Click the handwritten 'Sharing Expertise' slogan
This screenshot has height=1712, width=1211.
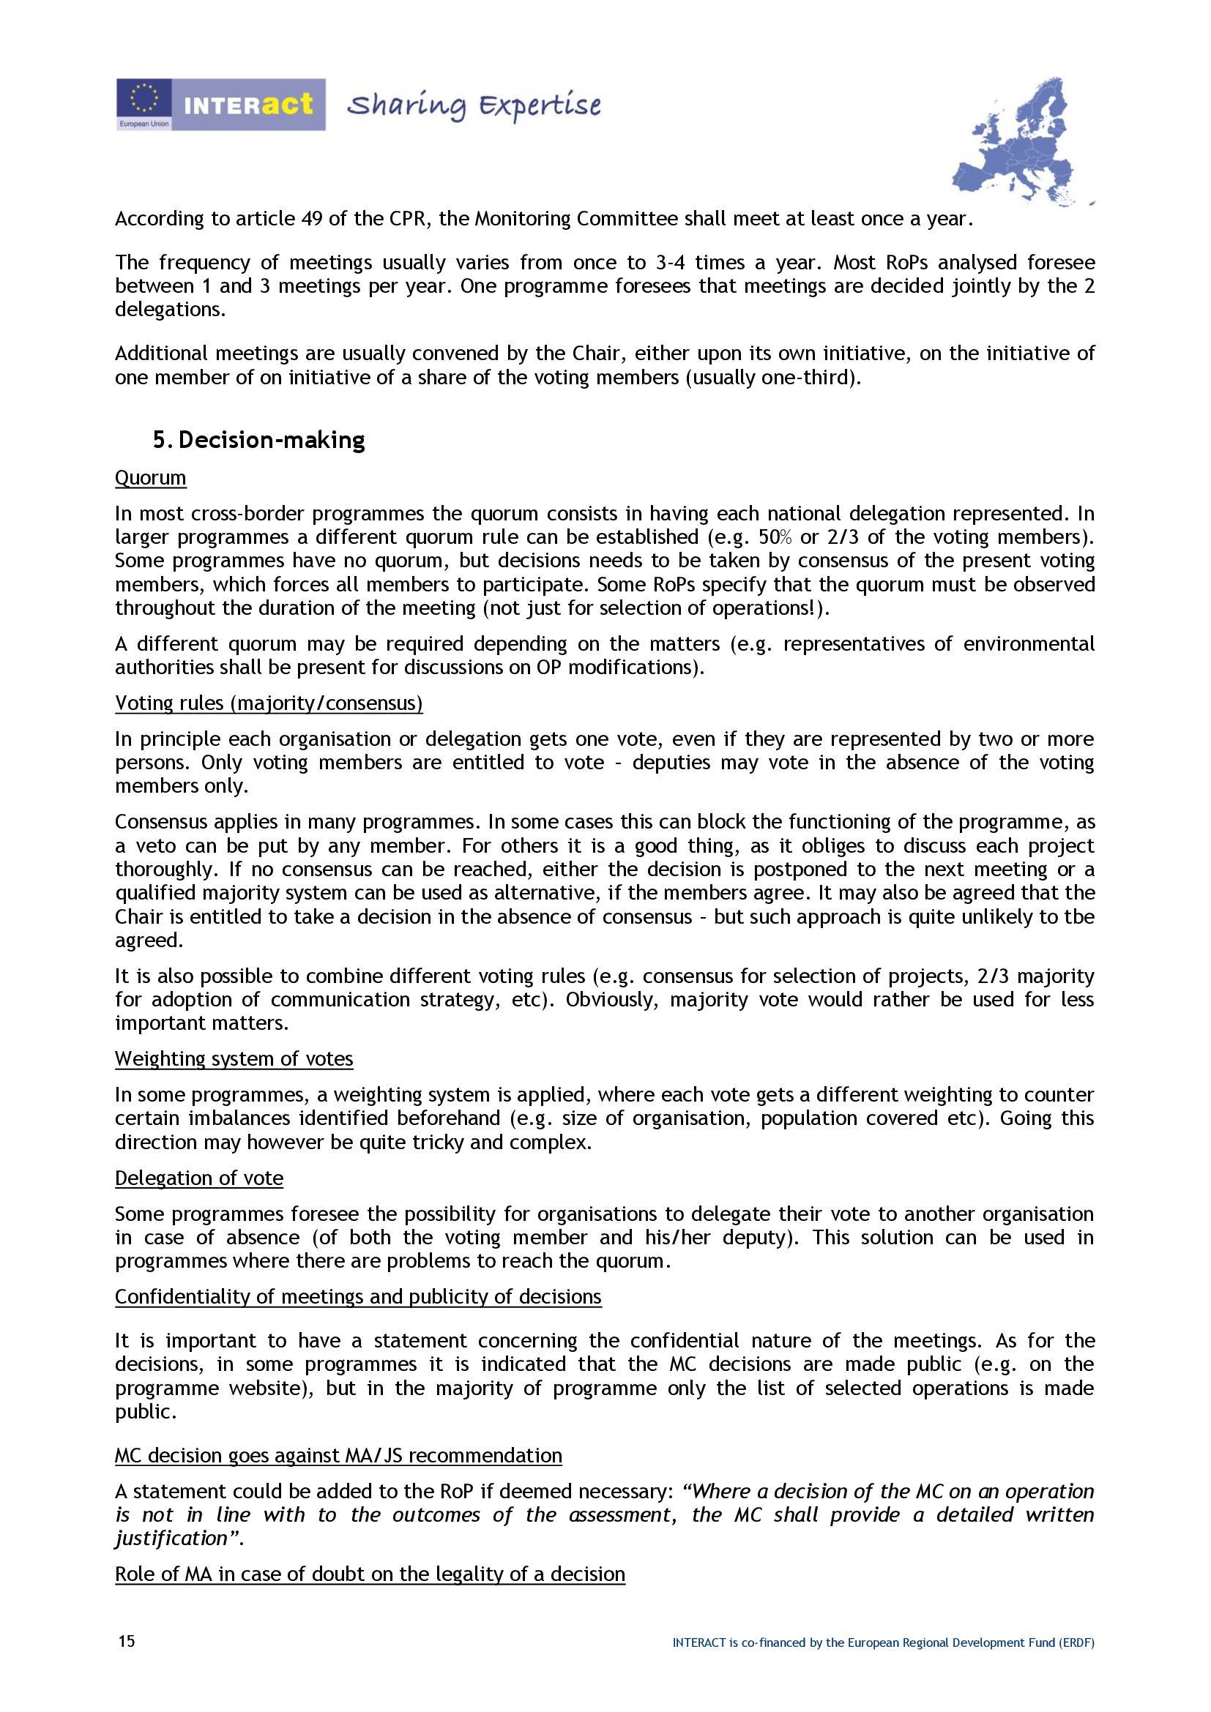474,106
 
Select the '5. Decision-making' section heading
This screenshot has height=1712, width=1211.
258,440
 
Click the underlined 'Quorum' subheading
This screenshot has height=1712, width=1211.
151,477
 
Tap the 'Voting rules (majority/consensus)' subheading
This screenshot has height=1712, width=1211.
269,703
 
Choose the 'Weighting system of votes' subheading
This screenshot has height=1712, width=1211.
234,1059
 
